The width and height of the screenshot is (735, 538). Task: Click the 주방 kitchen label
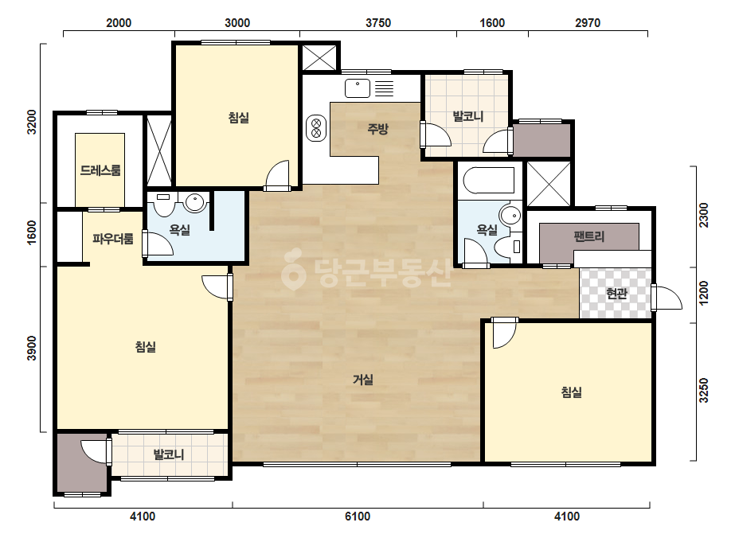coord(377,128)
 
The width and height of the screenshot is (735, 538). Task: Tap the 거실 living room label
coord(363,379)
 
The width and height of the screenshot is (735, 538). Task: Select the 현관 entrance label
coord(616,294)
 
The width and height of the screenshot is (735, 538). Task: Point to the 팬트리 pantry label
coord(588,236)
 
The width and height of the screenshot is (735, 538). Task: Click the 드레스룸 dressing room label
coord(100,170)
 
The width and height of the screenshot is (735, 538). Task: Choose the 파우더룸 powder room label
coord(112,239)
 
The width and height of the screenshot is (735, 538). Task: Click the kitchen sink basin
coord(358,88)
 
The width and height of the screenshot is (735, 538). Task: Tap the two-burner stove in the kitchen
coord(316,128)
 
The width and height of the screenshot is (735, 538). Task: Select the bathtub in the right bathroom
coord(488,181)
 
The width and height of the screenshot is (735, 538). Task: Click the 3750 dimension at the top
coord(377,23)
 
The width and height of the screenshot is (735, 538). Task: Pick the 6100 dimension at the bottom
coord(358,517)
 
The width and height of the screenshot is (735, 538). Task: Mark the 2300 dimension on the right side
coord(704,215)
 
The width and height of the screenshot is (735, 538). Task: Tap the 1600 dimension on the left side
coord(31,232)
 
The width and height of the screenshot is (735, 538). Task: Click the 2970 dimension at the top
coord(588,23)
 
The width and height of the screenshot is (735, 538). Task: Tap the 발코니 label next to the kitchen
coord(467,116)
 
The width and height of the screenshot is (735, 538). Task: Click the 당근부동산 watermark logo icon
coord(293,269)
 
